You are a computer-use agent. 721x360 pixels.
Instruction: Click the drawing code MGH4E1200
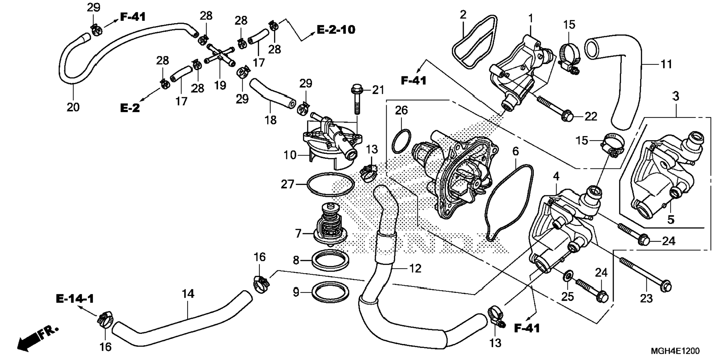[x=675, y=351]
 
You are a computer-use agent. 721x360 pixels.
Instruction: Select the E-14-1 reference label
[x=75, y=299]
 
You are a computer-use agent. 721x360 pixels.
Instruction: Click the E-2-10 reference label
[x=336, y=29]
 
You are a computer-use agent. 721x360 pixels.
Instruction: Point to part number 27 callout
[x=287, y=184]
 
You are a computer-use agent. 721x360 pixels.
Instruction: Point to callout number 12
[x=415, y=268]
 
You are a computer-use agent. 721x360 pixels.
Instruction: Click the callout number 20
[x=73, y=107]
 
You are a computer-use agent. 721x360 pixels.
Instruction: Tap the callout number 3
[x=676, y=97]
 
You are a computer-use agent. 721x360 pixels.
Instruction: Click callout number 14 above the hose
[x=188, y=294]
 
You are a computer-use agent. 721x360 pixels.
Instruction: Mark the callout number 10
[x=290, y=155]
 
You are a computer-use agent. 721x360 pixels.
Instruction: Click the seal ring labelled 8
[x=330, y=261]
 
